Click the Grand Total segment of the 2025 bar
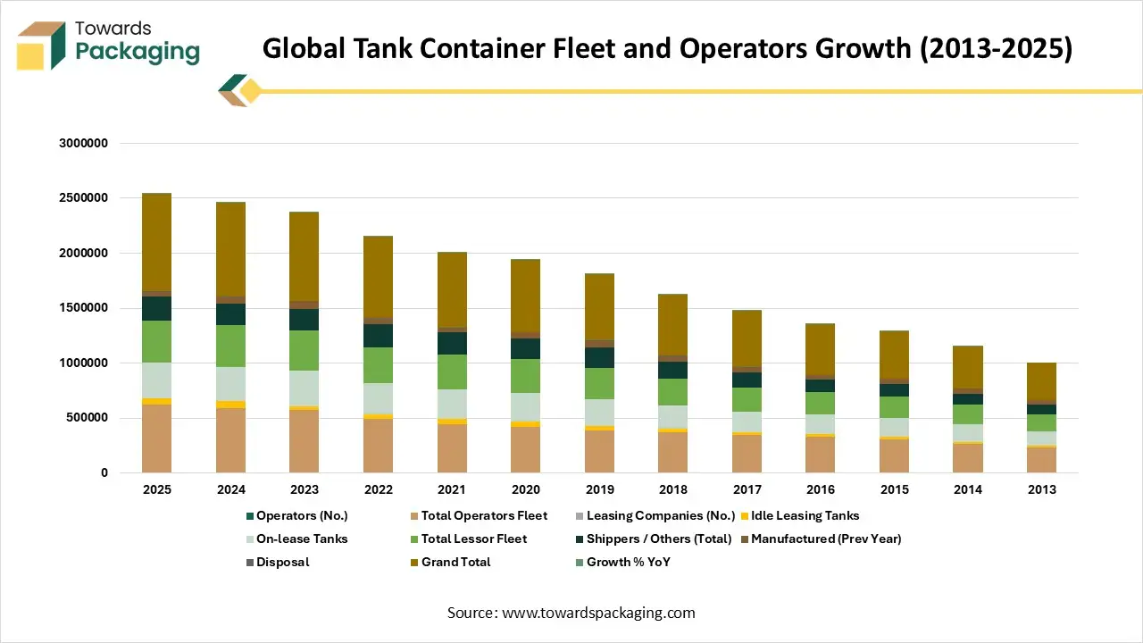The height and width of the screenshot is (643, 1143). coord(156,241)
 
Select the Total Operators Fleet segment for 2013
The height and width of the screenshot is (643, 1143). coord(1042,460)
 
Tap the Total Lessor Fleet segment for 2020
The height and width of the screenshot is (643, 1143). coord(525,376)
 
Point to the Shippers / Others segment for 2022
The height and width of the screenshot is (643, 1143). coord(378,336)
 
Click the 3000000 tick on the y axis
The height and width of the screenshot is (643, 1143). coord(83,144)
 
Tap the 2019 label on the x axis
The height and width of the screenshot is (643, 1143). coord(599,489)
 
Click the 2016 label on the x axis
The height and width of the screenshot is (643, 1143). coord(821,489)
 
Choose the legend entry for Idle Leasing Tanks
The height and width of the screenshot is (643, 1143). coord(804,515)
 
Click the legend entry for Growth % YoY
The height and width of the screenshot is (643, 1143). coord(627,562)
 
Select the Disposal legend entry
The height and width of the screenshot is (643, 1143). coord(281,562)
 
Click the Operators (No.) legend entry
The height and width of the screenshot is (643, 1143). coord(301,515)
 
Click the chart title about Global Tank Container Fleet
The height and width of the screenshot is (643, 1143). coord(666,48)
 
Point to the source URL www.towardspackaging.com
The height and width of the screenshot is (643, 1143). coord(598,613)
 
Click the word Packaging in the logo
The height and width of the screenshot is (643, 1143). coord(138,51)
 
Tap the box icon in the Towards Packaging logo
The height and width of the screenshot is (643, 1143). coord(41,46)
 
